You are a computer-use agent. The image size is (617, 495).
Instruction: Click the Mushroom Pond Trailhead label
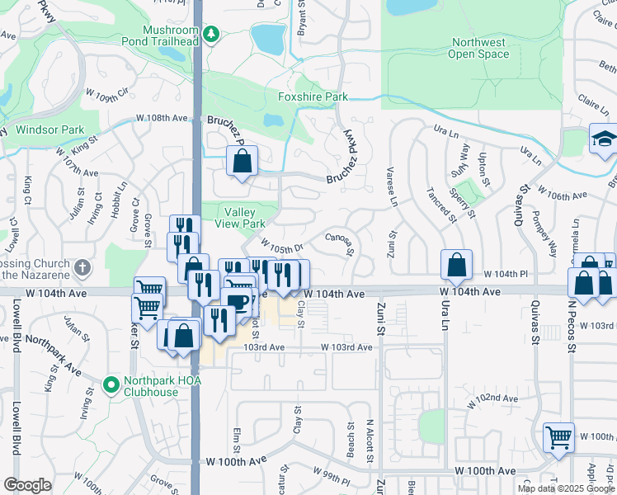[171, 35]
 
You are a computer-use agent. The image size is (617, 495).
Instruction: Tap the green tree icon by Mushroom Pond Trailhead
[212, 34]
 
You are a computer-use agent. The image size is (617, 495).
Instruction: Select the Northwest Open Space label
[478, 49]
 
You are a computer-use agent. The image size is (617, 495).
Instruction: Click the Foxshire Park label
[313, 97]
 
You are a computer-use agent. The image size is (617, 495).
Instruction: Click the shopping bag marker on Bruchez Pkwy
[243, 162]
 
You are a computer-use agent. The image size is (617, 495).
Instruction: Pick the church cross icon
[81, 268]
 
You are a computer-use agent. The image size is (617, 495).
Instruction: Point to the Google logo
[27, 484]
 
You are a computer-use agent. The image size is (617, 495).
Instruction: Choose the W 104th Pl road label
[505, 274]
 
